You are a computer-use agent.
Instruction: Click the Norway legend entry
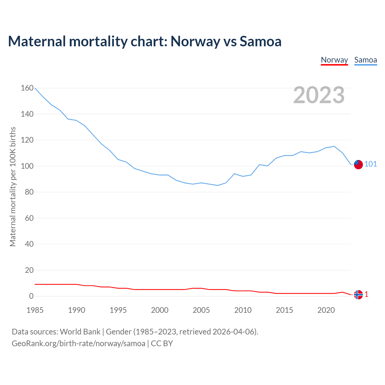334,60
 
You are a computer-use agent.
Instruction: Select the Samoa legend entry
365,60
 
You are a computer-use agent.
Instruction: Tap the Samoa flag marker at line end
358,165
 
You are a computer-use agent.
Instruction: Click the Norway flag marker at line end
358,295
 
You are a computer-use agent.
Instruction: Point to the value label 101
371,164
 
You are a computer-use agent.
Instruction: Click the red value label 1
366,294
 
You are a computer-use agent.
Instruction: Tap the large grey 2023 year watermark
319,95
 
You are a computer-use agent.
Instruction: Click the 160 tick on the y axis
27,88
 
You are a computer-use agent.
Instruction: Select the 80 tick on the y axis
29,192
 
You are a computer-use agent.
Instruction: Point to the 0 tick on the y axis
31,296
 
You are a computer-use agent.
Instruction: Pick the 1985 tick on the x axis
35,310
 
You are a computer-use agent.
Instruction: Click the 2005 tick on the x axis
201,310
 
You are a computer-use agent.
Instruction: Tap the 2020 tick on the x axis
326,310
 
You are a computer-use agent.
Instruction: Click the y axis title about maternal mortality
13,186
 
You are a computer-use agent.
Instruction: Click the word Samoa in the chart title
260,41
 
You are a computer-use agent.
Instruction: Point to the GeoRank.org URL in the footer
79,343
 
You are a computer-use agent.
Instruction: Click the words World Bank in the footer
80,332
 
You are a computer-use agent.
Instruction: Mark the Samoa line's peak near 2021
334,146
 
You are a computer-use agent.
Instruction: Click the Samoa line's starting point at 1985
35,88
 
